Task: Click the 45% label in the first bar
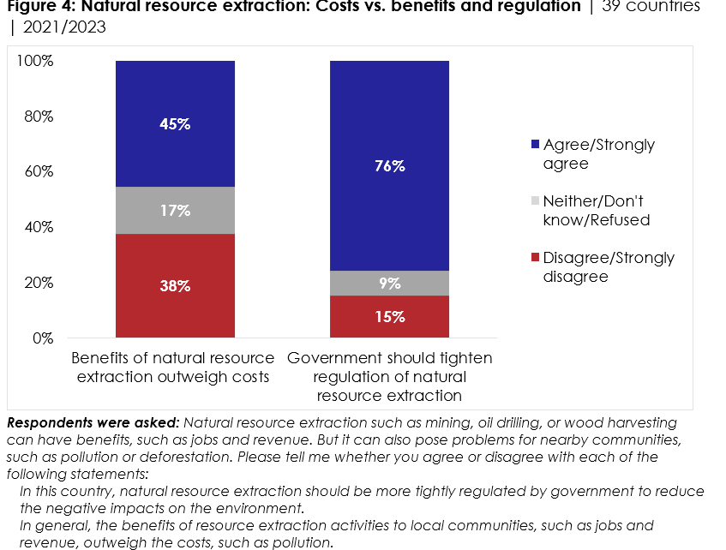point(175,124)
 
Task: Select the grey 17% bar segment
point(175,210)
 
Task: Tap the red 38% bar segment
point(175,286)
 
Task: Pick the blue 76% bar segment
point(389,166)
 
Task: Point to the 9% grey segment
point(389,284)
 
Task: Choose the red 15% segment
point(389,317)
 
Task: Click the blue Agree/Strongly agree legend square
point(537,145)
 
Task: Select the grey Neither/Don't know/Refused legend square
point(537,201)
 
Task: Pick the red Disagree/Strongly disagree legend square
point(537,258)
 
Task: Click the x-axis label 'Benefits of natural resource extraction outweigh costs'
point(172,367)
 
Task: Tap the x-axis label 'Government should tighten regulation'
point(389,376)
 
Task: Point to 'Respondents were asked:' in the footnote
point(92,423)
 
